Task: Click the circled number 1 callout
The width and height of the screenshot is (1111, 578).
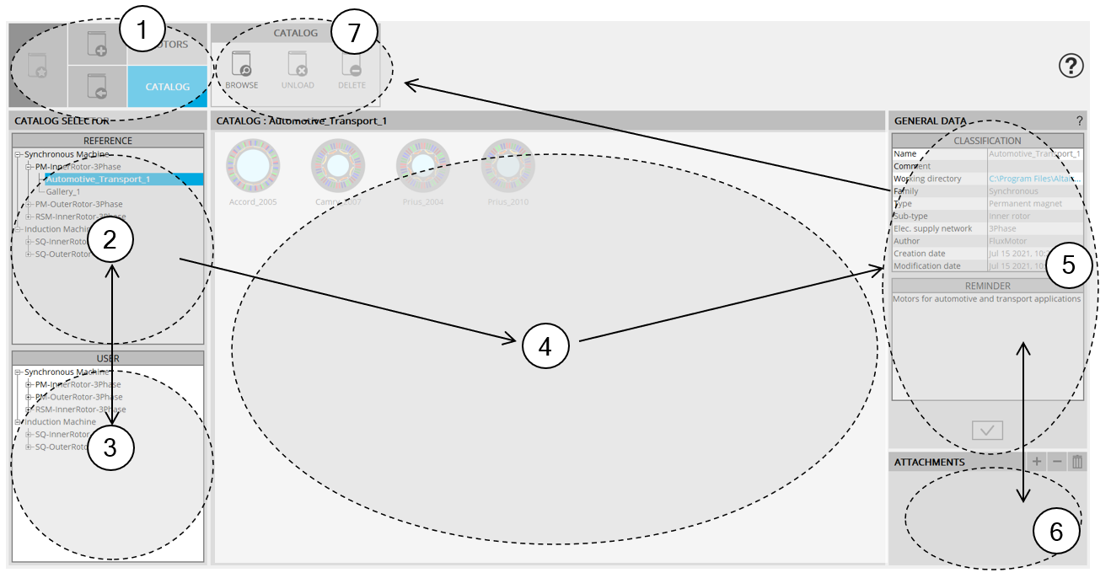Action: pos(142,31)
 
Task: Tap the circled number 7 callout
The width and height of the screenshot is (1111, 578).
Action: pos(352,34)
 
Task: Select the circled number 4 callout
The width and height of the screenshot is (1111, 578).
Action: pos(545,346)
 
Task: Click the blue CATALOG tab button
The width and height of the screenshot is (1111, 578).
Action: pos(167,86)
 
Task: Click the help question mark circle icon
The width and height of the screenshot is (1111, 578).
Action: pos(1071,66)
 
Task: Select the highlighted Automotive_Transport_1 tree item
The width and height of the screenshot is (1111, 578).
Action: pos(98,179)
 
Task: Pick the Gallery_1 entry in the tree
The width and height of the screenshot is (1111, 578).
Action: pos(63,192)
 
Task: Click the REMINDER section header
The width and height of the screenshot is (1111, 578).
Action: pos(987,286)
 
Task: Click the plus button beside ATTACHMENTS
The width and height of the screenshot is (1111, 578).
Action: pos(1037,462)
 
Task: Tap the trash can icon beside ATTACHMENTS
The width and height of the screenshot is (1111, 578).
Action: pos(1076,462)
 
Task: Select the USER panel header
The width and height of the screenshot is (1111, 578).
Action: pos(108,358)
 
